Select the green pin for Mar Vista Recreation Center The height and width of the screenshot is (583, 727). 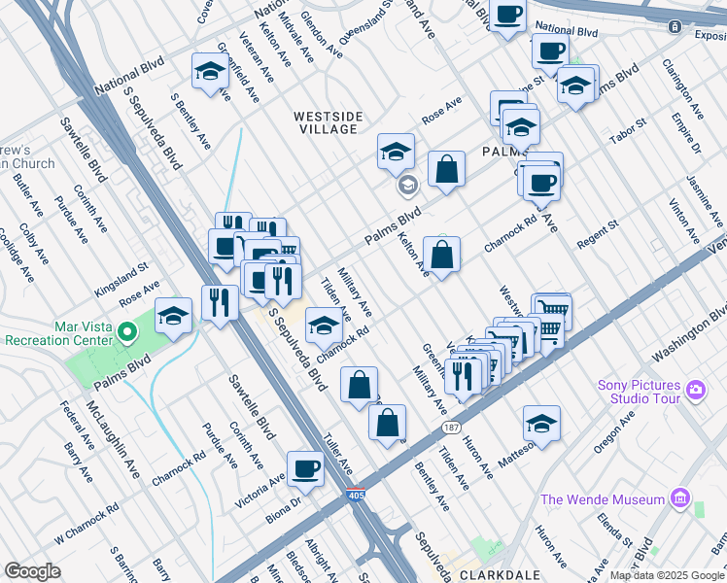pyautogui.click(x=125, y=333)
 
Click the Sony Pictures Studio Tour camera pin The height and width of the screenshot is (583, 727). pyautogui.click(x=694, y=390)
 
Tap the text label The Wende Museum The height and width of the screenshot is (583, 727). pyautogui.click(x=603, y=500)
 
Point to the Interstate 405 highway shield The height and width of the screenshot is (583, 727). pyautogui.click(x=357, y=495)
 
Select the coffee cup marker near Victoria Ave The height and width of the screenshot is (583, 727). pyautogui.click(x=306, y=467)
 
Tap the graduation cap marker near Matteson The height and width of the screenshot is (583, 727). pyautogui.click(x=541, y=424)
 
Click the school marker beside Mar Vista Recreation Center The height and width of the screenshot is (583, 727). pyautogui.click(x=173, y=315)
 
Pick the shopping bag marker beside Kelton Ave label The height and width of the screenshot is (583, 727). pyautogui.click(x=441, y=256)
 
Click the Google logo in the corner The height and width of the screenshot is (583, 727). pyautogui.click(x=32, y=571)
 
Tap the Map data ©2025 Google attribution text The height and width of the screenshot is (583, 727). pyautogui.click(x=666, y=575)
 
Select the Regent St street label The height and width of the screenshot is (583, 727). pyautogui.click(x=597, y=232)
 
